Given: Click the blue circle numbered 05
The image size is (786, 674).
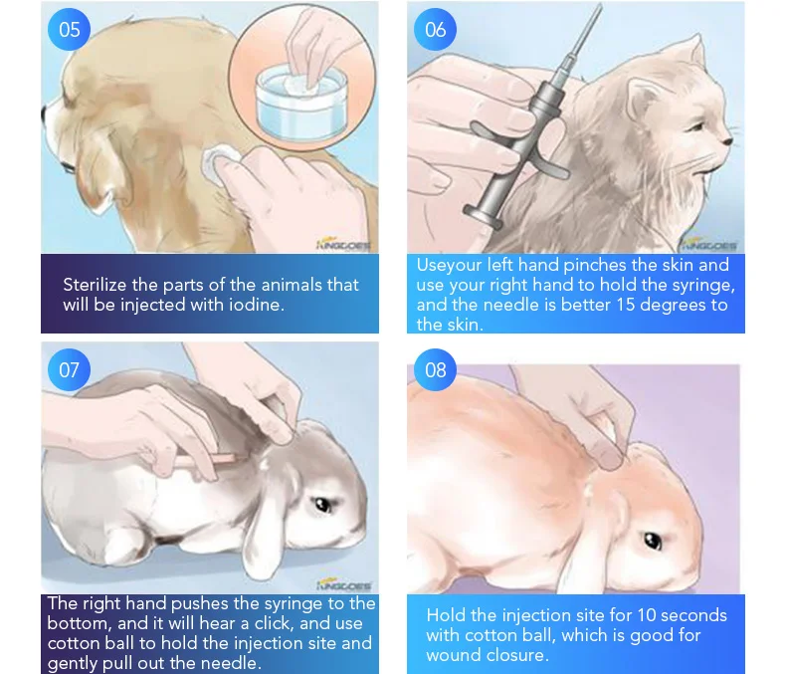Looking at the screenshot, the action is coord(70,29).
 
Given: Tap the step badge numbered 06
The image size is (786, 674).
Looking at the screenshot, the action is coord(435,29).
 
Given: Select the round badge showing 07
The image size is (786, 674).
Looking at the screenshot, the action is coord(70,369).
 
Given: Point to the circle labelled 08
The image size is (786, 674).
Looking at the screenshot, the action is coord(435,369).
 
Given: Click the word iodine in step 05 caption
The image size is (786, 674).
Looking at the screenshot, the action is coord(256,305).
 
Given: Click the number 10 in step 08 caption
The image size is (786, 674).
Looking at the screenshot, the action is coord(647,615).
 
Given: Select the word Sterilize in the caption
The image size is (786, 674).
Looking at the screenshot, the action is coord(95,285).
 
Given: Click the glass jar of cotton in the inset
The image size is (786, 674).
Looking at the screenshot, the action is coord(301,104).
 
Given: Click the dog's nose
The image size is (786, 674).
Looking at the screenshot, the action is coord(44,114).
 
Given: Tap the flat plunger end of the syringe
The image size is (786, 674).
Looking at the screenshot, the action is coord(483,218).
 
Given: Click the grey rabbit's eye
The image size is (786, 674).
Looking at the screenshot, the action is coord(321,504).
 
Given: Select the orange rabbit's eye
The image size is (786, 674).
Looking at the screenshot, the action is coord(652,541).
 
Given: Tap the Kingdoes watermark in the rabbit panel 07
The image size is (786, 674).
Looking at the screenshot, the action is coord(344,584).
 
